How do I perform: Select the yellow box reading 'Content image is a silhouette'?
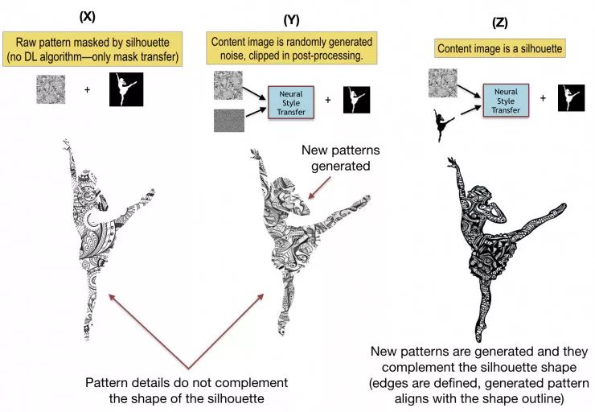[x=498, y=50]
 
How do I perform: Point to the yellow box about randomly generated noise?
[x=292, y=47]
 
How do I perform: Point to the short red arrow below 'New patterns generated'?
[x=320, y=191]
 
